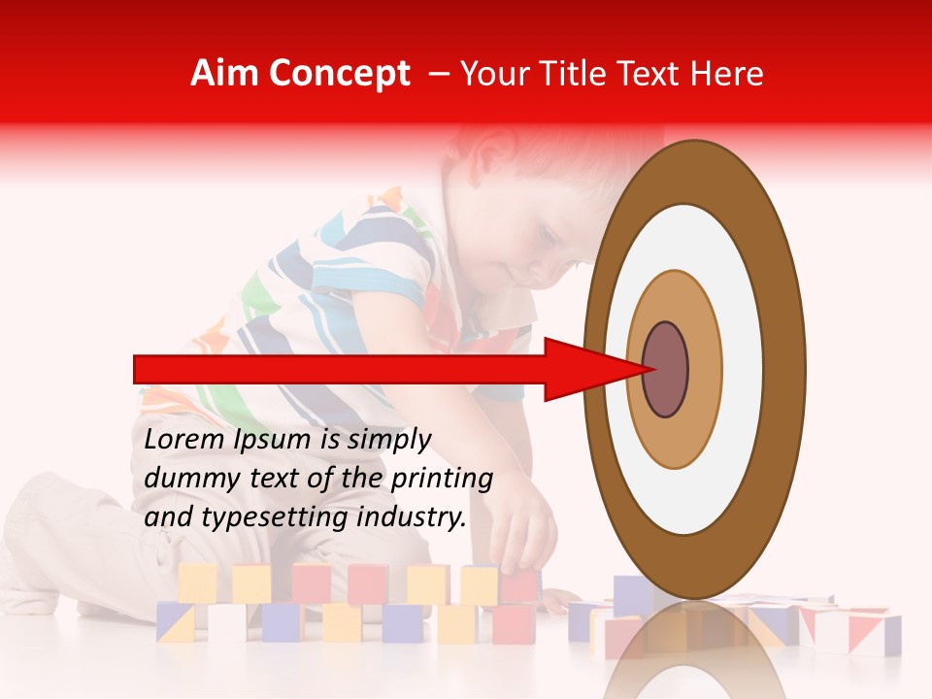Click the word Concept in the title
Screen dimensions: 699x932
tap(339, 74)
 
